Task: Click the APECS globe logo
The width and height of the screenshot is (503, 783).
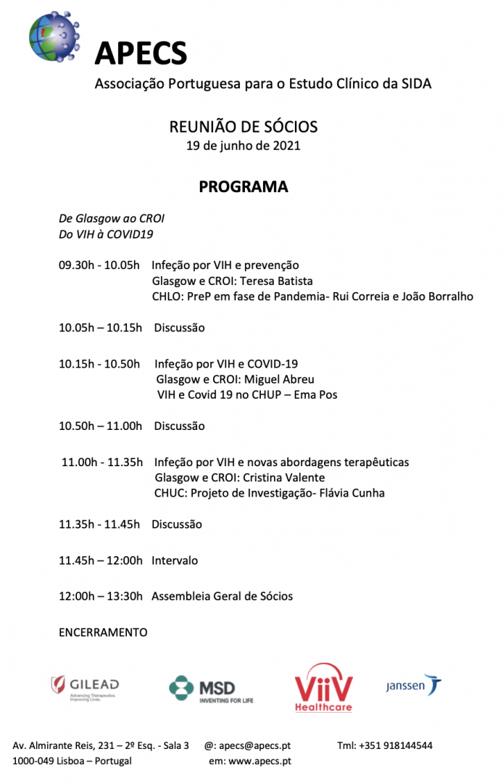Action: click(53, 36)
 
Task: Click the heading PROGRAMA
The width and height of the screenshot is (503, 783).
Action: click(244, 186)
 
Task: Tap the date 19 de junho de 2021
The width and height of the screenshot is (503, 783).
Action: click(244, 145)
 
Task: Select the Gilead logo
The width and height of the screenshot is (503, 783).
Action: click(85, 687)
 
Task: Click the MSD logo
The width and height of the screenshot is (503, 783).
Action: click(211, 689)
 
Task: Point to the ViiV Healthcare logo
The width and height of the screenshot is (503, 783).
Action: click(323, 687)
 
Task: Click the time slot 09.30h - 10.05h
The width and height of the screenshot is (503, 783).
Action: click(99, 265)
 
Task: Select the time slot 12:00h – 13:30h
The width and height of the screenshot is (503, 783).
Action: click(101, 596)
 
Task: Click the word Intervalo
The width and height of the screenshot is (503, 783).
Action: click(175, 560)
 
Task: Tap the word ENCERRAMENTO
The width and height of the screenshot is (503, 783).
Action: click(103, 632)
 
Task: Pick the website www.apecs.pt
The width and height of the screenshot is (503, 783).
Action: click(259, 761)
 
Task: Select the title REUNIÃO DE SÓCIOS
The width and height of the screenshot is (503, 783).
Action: click(244, 127)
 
